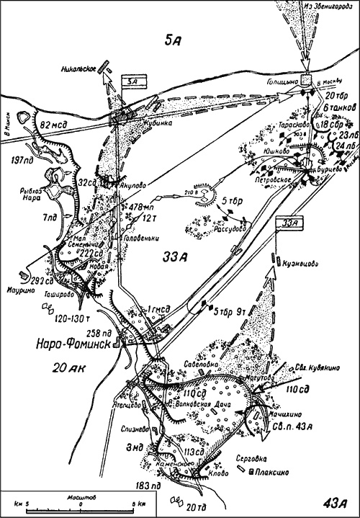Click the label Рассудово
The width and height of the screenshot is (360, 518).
point(229,231)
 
